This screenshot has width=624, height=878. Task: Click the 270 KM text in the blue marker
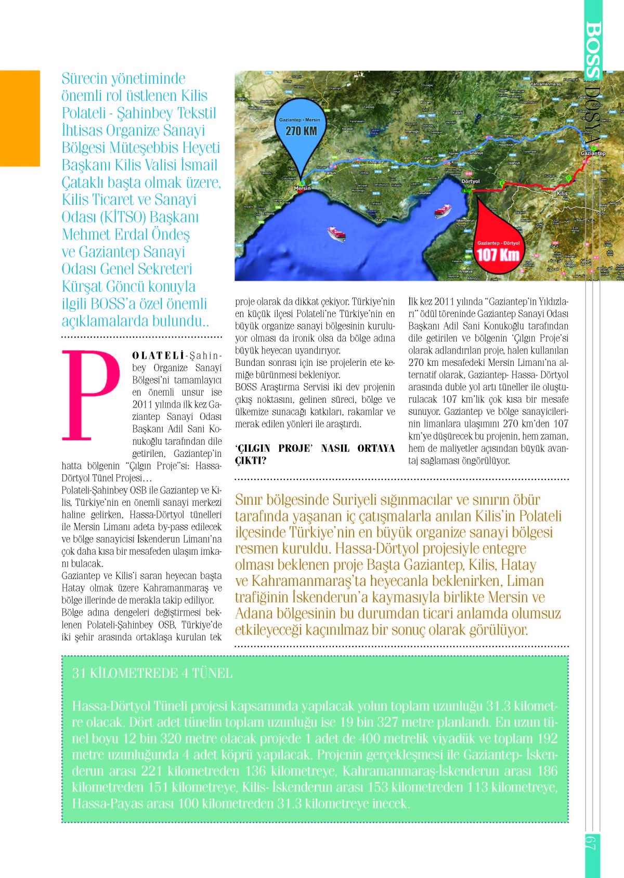point(301,130)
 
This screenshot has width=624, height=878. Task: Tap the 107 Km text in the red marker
point(498,255)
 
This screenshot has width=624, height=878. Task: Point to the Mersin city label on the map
point(302,188)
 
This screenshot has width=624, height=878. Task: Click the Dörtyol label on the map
point(470,181)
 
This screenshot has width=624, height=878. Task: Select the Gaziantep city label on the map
point(593,153)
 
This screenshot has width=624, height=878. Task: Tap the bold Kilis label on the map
point(562,193)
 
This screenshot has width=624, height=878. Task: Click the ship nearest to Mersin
point(336,233)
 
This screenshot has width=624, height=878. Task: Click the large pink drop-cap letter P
point(90,395)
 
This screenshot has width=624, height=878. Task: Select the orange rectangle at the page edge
point(20,118)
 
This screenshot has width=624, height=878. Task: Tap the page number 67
point(592,842)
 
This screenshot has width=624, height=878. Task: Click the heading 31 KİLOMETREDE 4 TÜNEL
point(152,673)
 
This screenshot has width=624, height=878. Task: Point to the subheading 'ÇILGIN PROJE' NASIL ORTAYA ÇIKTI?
point(315,454)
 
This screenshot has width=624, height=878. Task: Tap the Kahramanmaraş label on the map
point(545,84)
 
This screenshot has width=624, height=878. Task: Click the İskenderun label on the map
point(465,220)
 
